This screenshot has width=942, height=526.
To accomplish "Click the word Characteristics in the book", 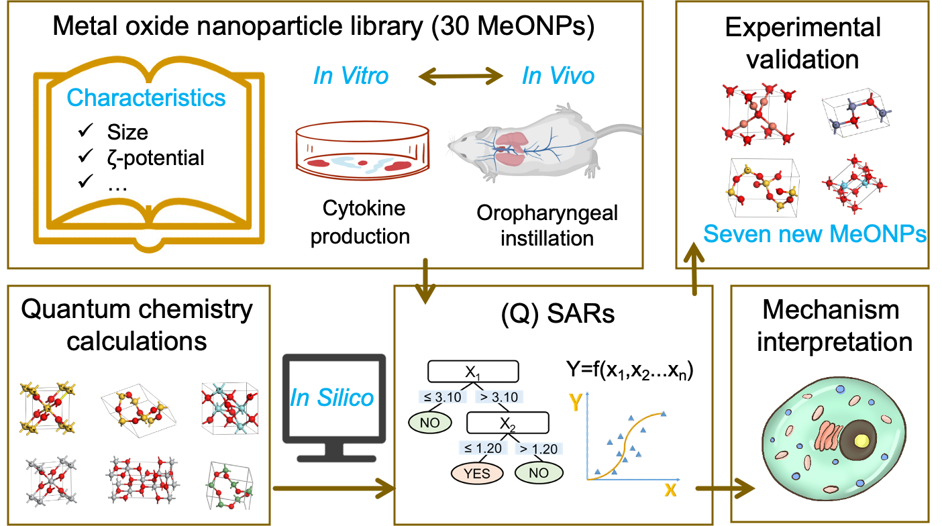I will [x=146, y=98].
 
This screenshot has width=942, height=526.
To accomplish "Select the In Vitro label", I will [x=351, y=76].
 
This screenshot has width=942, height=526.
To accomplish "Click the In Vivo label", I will [x=558, y=76].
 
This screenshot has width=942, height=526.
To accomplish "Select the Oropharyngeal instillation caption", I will [x=547, y=225].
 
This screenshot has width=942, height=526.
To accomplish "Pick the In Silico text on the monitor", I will [x=332, y=397].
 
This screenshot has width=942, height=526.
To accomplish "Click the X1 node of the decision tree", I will [x=473, y=371].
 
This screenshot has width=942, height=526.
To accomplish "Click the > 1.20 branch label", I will [x=538, y=448].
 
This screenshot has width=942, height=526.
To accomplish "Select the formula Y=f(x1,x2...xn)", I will [x=629, y=370].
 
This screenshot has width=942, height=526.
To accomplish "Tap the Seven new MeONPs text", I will [x=815, y=234].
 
